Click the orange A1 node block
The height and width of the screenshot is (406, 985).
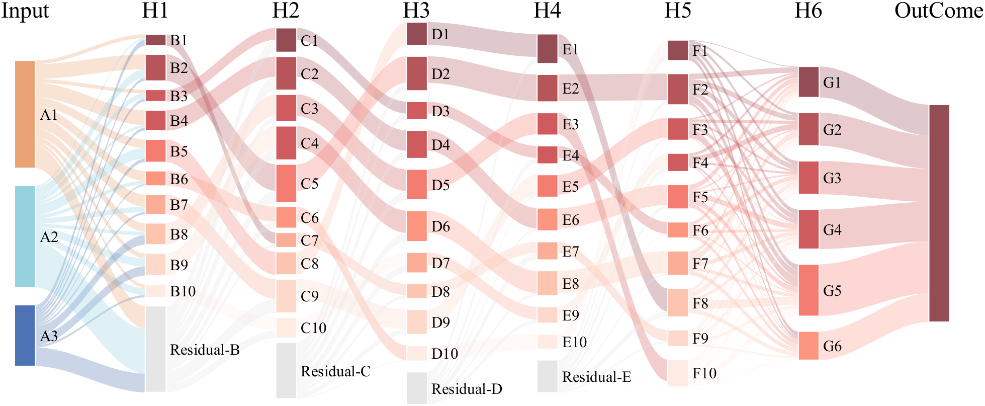25,114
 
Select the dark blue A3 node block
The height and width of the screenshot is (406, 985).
25,335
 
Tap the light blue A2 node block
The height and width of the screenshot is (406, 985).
25,236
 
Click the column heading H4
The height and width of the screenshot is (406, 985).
547,11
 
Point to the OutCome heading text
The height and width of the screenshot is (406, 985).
938,11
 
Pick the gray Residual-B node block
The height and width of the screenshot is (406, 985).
155,349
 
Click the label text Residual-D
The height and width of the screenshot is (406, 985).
467,389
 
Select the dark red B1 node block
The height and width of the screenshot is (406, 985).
155,40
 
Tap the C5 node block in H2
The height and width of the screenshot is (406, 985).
286,183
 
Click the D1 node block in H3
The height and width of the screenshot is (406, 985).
417,34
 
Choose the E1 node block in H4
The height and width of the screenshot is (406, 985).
548,49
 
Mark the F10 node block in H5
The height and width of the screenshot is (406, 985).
678,373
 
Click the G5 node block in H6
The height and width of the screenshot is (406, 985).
809,290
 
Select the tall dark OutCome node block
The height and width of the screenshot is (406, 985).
939,213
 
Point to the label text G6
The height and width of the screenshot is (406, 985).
832,346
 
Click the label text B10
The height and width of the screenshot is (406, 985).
183,291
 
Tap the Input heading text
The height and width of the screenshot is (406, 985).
25,11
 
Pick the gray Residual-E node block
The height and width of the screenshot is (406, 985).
548,376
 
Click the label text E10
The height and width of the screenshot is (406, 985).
574,342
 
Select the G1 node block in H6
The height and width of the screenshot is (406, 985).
809,82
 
